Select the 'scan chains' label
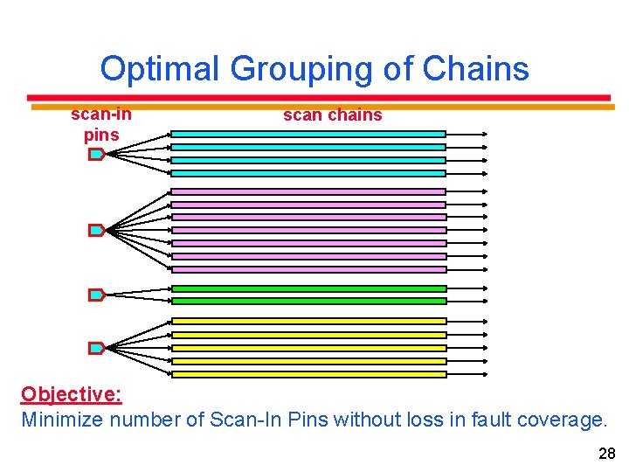tap(332, 115)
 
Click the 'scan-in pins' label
tap(101, 124)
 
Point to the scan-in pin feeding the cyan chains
tap(96, 154)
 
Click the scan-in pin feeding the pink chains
tap(96, 231)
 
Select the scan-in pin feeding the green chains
tap(96, 295)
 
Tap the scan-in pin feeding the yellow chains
tap(96, 348)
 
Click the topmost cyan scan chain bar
tap(308, 134)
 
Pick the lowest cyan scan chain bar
tap(308, 173)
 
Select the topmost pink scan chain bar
tap(308, 191)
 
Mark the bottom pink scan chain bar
tap(308, 269)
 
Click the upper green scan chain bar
tap(308, 288)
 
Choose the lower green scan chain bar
tap(308, 301)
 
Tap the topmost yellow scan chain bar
tap(308, 322)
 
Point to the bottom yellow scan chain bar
tap(308, 374)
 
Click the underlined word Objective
tap(71, 394)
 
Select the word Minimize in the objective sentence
tap(60, 420)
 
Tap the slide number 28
tap(606, 453)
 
